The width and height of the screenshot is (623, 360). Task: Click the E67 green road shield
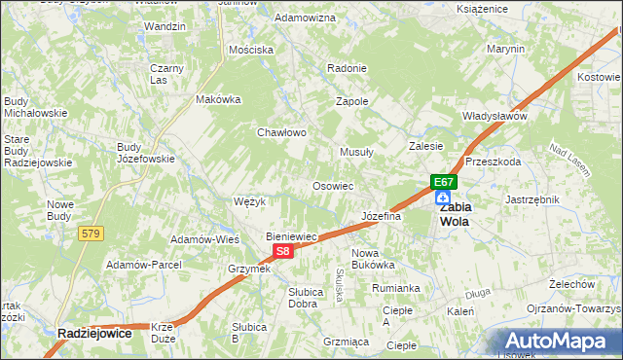(x=443, y=182)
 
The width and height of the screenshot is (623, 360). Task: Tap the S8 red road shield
(x=281, y=251)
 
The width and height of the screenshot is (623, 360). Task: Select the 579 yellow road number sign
(x=92, y=233)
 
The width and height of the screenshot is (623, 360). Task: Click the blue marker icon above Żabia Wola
(x=443, y=198)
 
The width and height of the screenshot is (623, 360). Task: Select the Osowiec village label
(x=332, y=186)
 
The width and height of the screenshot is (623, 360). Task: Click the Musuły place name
(x=355, y=152)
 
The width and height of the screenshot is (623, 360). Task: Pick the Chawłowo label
(x=281, y=132)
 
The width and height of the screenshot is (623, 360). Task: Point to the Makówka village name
(x=218, y=99)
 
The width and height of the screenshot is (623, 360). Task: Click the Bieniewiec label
(x=293, y=236)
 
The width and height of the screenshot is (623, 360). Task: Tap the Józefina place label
(x=381, y=216)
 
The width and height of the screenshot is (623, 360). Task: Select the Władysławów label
(x=495, y=116)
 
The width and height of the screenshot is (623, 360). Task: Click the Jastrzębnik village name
(x=532, y=198)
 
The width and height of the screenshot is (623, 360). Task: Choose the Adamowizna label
(x=306, y=18)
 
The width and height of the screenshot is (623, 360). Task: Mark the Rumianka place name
(x=395, y=288)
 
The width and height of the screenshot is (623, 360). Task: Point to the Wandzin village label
(x=165, y=26)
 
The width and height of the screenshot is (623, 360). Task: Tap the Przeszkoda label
(x=494, y=162)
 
